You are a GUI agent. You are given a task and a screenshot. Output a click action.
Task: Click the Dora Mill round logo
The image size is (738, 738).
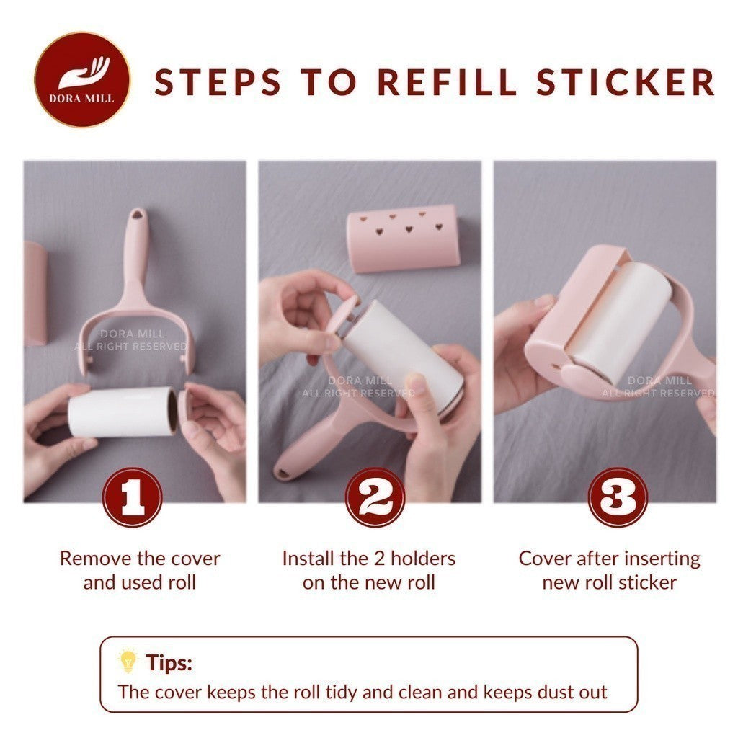click(83, 79)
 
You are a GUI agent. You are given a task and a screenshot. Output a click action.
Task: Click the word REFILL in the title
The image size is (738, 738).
click(447, 82)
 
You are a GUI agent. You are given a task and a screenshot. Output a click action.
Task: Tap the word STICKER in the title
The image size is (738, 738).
click(626, 82)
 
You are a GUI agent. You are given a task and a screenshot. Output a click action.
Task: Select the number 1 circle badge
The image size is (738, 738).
click(132, 497)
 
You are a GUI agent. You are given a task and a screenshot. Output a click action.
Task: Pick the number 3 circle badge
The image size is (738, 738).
click(616, 497)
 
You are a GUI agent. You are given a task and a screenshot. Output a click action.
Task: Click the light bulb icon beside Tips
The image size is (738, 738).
click(128, 662)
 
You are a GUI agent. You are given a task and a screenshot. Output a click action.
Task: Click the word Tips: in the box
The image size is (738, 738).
click(169, 662)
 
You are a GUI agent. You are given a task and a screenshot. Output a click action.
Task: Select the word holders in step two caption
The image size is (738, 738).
click(419, 558)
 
